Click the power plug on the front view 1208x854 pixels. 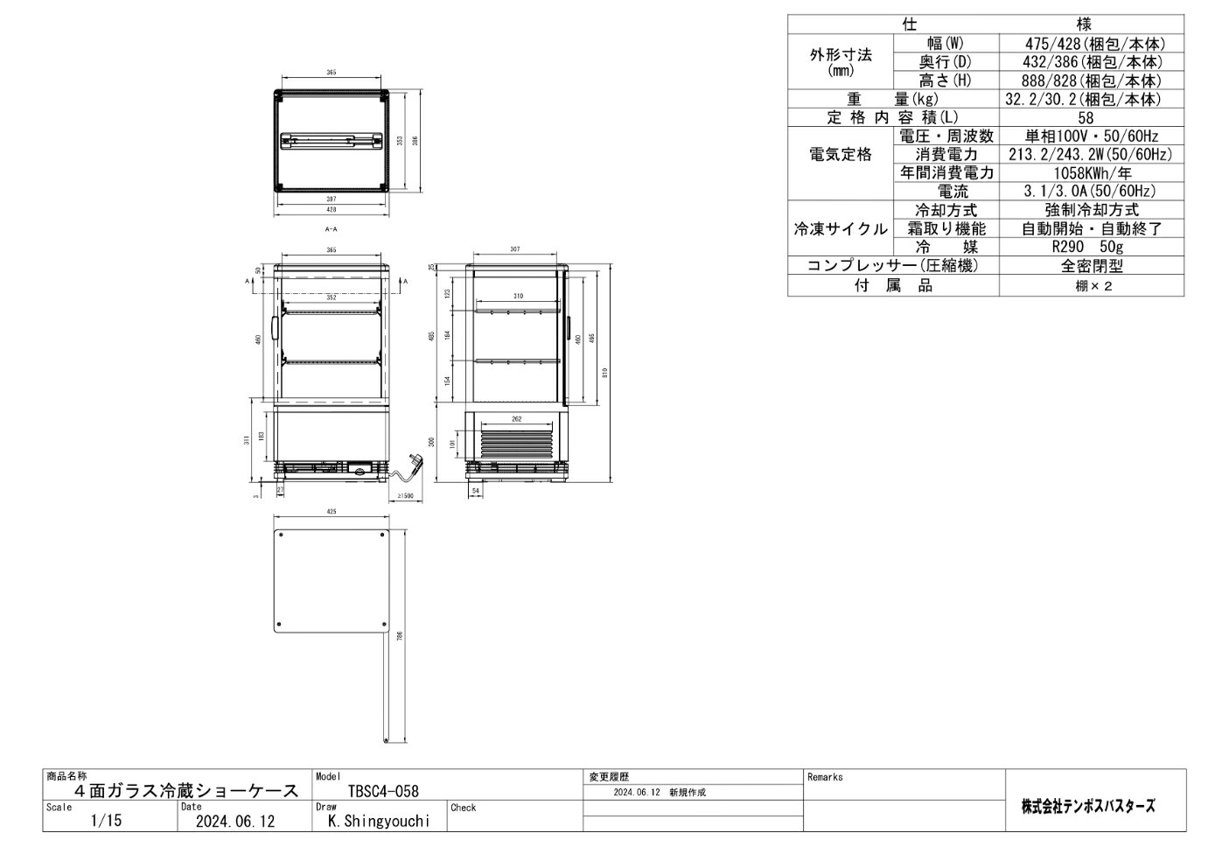[413, 461]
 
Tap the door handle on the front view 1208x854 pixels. [275, 328]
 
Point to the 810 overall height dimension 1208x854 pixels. [605, 373]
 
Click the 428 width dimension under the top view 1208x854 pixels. [331, 210]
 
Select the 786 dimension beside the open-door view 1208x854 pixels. [399, 636]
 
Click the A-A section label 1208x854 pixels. [331, 229]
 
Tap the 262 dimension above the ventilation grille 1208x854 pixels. [516, 419]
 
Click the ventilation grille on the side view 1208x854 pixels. [516, 443]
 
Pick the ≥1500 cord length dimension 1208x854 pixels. [405, 496]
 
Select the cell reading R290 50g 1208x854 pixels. [1091, 248]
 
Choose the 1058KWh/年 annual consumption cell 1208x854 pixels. [1091, 173]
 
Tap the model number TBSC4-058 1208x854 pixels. [383, 792]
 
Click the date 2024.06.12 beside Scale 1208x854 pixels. [234, 822]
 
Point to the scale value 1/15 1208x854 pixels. [107, 822]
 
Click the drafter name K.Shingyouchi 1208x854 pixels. [379, 822]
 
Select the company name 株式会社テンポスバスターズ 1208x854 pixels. [1088, 806]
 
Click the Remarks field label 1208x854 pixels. [825, 777]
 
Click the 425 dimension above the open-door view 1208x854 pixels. [331, 512]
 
